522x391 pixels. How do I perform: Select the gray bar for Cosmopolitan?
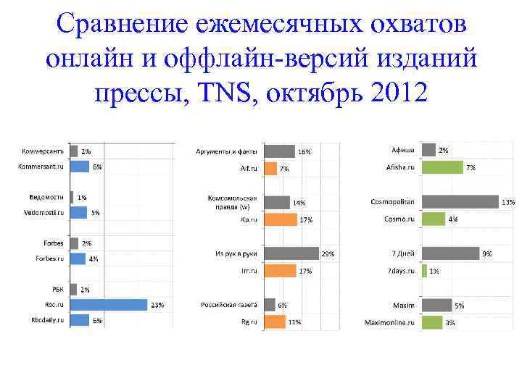tap(460, 202)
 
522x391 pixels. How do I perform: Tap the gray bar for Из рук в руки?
tap(291, 253)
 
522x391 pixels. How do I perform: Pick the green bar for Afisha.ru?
tap(442, 167)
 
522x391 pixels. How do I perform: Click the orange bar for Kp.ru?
tap(280, 219)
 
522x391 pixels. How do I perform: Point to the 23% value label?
tap(157, 306)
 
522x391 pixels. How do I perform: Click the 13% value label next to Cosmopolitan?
tap(508, 203)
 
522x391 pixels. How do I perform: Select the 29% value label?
tap(328, 254)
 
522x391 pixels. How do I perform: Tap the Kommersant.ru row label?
tap(41, 167)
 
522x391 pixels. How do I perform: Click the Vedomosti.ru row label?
tap(43, 212)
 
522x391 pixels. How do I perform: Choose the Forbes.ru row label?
tap(50, 258)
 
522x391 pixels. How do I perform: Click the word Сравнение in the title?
tap(125, 24)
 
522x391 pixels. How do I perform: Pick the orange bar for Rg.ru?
tap(274, 321)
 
